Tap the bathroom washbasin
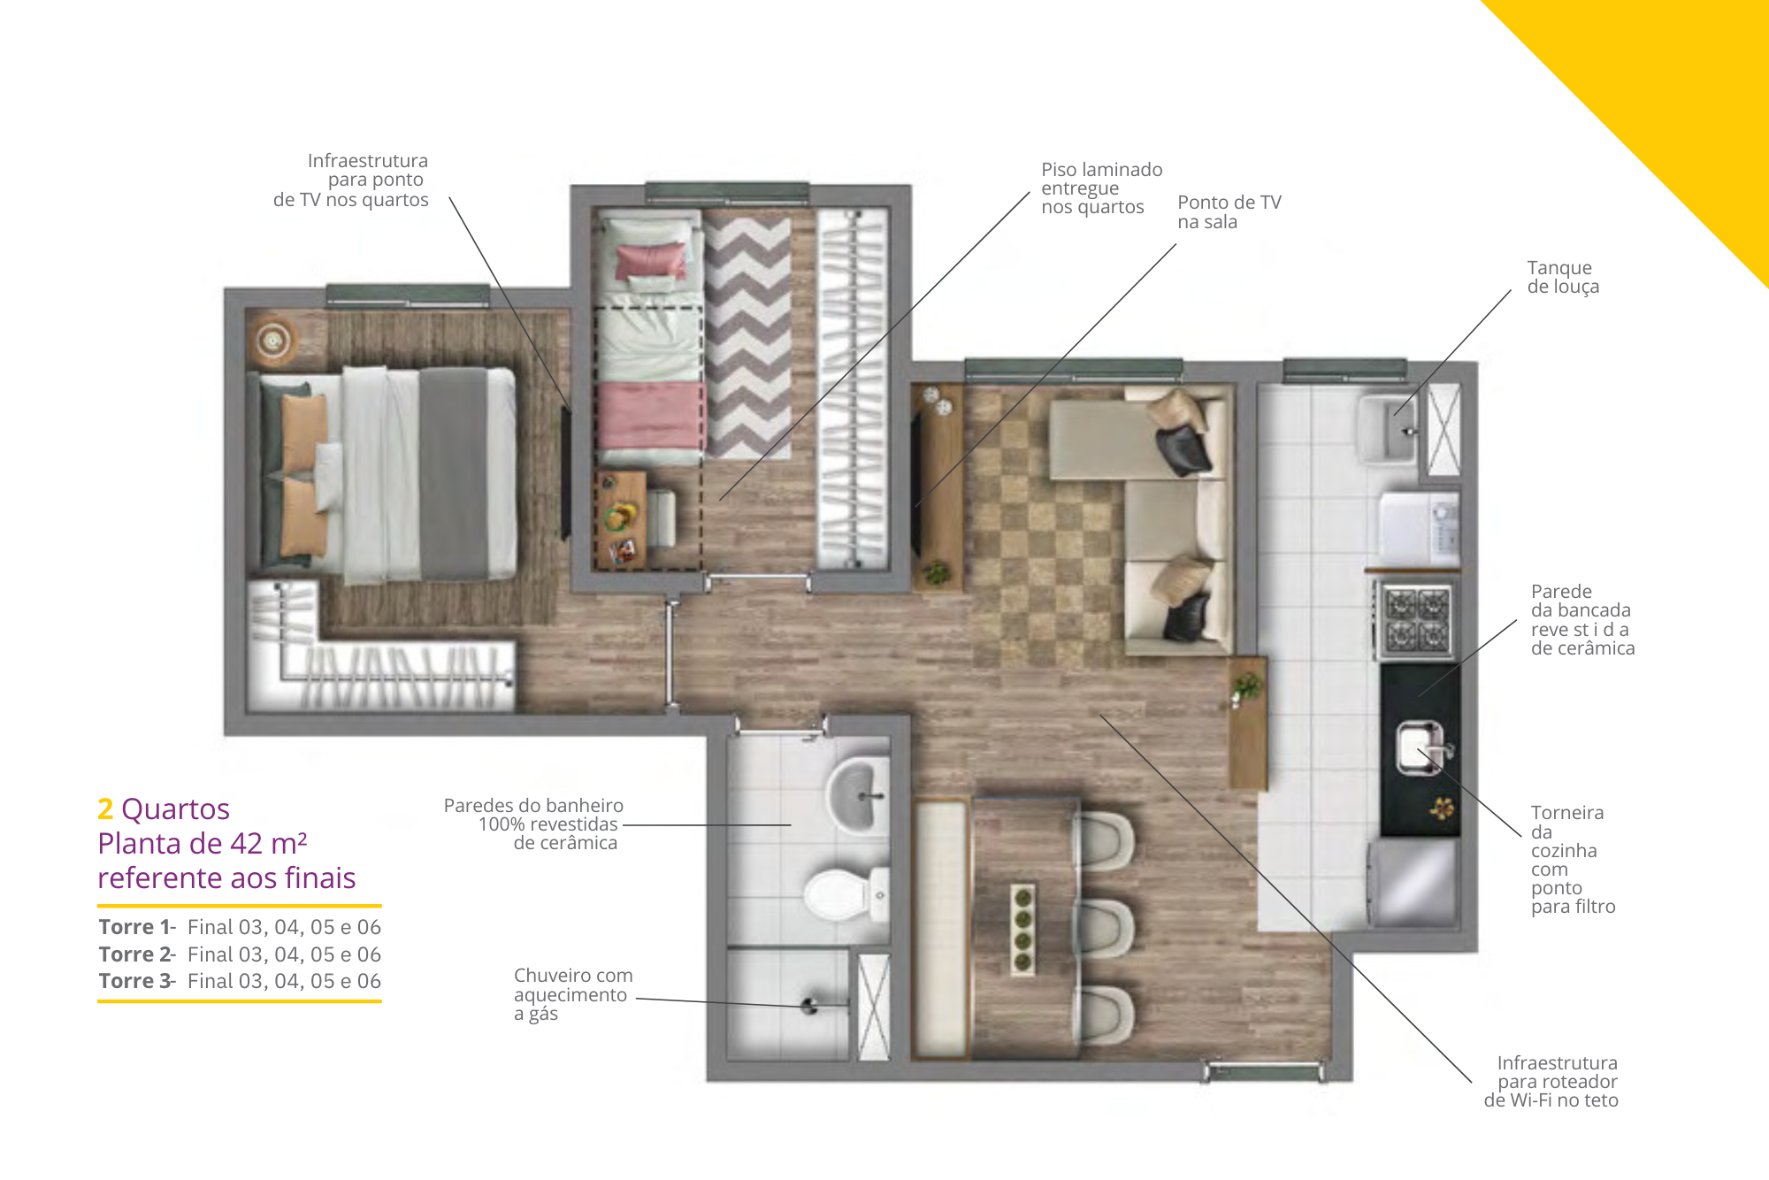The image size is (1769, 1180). (x=857, y=794)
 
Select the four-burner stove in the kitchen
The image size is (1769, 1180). (x=1417, y=622)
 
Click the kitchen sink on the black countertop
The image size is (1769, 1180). (x=1420, y=747)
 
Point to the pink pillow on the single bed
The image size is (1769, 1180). (x=651, y=261)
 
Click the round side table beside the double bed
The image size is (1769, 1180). (x=273, y=341)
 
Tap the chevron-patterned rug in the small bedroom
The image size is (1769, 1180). (x=748, y=336)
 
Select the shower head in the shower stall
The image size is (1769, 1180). (x=808, y=1006)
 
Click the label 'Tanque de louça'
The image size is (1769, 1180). (x=1563, y=277)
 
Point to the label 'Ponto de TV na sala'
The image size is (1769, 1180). (x=1229, y=212)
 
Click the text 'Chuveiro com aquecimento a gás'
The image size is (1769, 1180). (x=573, y=994)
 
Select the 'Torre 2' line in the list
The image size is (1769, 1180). (x=240, y=954)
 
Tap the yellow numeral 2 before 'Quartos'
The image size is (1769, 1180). (x=105, y=808)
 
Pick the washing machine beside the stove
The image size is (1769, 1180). (x=1420, y=529)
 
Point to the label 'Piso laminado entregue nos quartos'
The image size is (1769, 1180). (x=1101, y=188)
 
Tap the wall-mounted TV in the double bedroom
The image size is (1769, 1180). (x=564, y=472)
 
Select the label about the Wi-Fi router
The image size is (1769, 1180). (x=1551, y=1082)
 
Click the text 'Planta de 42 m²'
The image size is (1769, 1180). (x=203, y=843)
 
